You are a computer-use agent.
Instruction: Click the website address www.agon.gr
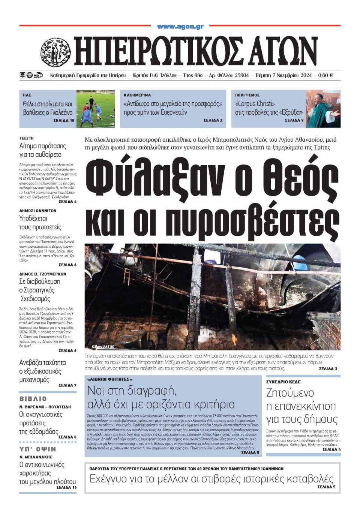tap(180, 26)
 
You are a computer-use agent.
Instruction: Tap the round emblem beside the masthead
tap(55, 52)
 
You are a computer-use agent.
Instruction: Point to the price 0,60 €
tap(325, 75)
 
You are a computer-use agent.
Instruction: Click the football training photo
tap(96, 109)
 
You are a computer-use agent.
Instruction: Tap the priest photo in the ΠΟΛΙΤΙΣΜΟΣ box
tap(323, 109)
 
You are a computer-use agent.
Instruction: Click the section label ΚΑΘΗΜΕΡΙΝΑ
tap(137, 95)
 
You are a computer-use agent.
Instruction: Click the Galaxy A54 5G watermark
tap(103, 347)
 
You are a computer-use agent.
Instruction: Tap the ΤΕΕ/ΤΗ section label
tap(26, 138)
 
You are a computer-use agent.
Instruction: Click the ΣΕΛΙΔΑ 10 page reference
tap(64, 121)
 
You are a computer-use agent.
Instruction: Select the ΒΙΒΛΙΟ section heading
tap(33, 399)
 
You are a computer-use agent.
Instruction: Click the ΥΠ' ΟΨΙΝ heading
tap(37, 449)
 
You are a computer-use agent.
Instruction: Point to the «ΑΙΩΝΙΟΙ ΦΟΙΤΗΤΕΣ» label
tap(109, 379)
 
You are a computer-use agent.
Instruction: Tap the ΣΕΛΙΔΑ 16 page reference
tap(66, 487)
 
